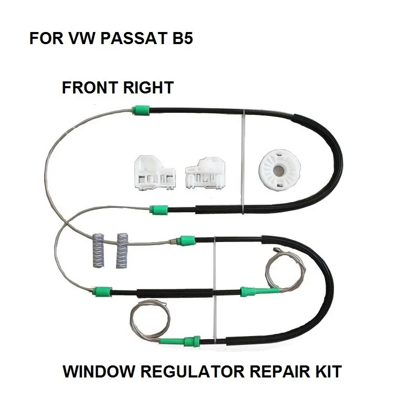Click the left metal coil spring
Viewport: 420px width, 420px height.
pos(99,250)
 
